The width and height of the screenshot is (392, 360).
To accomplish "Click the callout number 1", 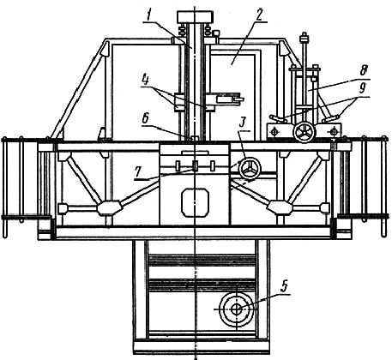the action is coord(149,15).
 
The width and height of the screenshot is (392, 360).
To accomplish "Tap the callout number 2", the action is coord(258,15).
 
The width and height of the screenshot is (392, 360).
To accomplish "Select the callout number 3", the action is coord(243,123).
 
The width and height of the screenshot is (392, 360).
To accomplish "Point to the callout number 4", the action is coord(146,81).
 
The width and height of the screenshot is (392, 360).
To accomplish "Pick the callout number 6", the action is coord(145,118).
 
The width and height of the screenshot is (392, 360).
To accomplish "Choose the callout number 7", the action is coord(139,172).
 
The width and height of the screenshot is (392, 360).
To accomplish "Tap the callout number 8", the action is coord(363,71).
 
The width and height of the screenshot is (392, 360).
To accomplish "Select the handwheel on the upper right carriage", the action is coord(304,132).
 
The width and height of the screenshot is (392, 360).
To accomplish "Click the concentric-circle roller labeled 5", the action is coord(236,309).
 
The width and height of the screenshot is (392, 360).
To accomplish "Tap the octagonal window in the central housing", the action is coord(196,202).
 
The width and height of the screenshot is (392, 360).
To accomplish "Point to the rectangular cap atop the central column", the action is coord(195,17).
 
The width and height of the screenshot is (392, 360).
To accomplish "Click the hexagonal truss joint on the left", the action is coord(109,207).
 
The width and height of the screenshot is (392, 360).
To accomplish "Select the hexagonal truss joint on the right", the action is coord(280,207).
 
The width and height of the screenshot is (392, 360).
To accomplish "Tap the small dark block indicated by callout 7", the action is coord(196,165).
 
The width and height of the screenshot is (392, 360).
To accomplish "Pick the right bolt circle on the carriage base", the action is coord(334,132).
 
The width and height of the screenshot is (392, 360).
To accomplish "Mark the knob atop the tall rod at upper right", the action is coord(304,38).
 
